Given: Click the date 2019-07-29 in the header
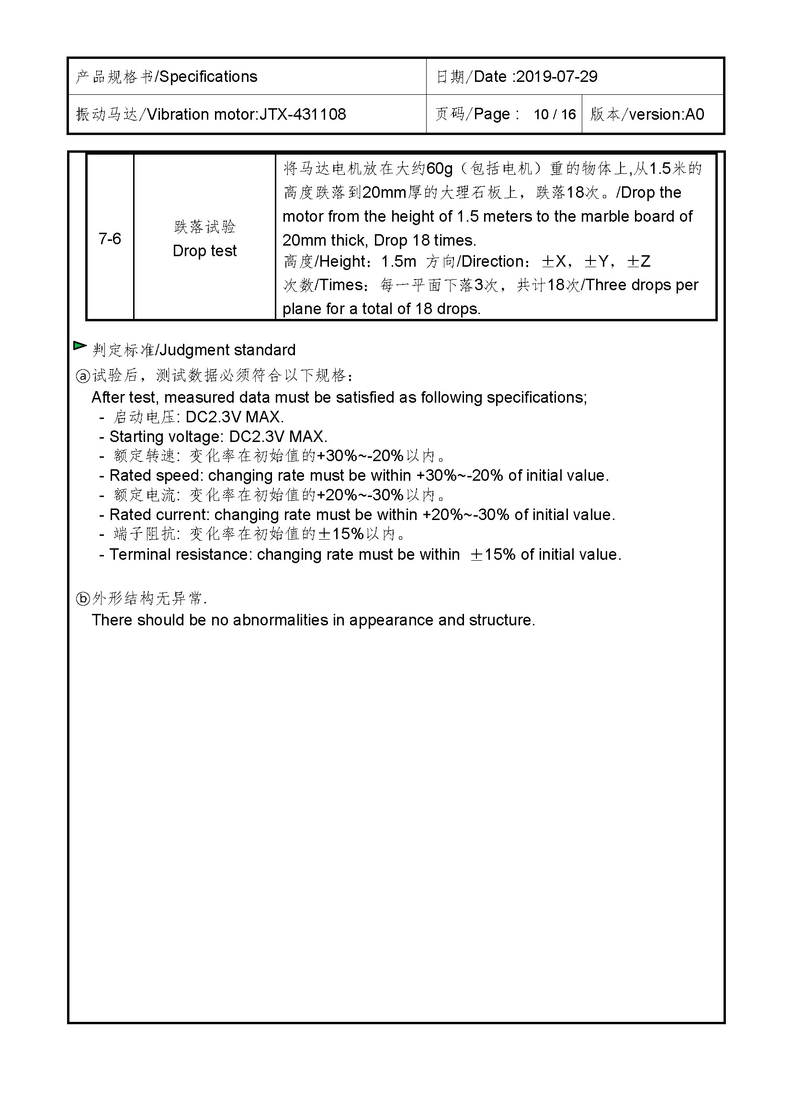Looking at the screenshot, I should point(556,77).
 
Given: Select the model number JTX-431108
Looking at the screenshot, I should point(302,114).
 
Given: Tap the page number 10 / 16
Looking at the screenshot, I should point(554,114).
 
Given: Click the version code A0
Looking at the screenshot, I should point(694,114).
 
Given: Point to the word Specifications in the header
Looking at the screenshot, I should point(208,77).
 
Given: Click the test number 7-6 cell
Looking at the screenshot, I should point(110,238).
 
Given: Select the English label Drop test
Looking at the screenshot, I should point(204,251).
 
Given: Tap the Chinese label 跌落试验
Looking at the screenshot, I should point(204,227).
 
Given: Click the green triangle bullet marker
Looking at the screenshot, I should point(79,346).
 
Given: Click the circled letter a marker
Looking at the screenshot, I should point(83,375).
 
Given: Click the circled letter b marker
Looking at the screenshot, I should point(83,599).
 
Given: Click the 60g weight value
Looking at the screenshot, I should point(440,169).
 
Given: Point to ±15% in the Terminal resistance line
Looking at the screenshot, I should point(493,554).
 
